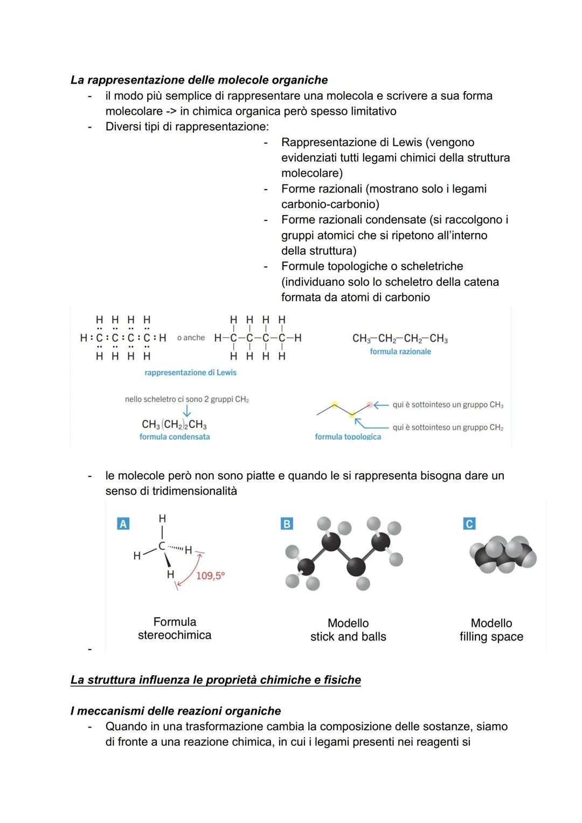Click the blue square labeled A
point(123,523)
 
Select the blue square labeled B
point(287,523)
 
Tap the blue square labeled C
point(469,523)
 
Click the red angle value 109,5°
point(210,576)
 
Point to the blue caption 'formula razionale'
point(400,351)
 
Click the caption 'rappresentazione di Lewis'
point(190,372)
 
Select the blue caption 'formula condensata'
point(175,437)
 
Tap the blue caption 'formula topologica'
point(348,437)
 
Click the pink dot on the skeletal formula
point(370,405)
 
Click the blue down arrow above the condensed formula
point(186,411)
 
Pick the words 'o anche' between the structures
point(191,337)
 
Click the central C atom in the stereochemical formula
point(162,546)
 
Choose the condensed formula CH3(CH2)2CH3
point(174,425)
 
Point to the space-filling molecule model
point(503,555)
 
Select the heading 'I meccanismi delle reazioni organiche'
point(176,711)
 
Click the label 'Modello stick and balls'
point(348,630)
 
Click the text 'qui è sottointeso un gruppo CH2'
point(448,427)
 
